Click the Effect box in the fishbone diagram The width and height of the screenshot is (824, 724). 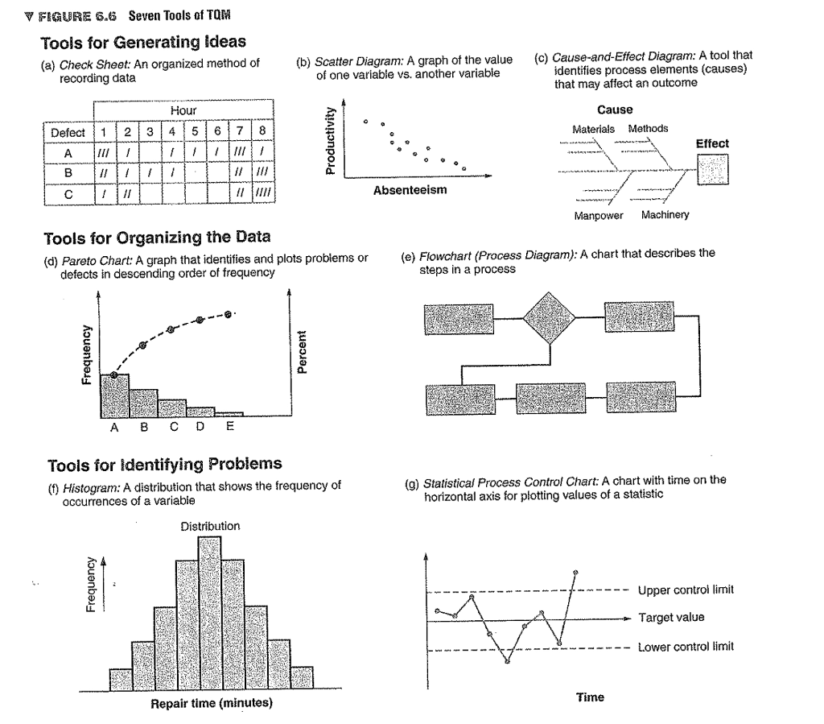click(713, 170)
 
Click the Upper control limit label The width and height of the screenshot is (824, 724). click(686, 590)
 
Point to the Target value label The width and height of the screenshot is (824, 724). click(670, 618)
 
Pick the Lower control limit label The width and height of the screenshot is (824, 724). click(686, 647)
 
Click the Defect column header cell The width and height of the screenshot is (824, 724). click(68, 132)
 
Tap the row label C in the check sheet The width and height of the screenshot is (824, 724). click(68, 193)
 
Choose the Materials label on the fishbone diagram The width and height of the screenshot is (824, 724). click(593, 129)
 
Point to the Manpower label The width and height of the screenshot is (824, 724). click(595, 216)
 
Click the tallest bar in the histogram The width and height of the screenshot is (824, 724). click(209, 613)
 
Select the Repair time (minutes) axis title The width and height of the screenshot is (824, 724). click(212, 703)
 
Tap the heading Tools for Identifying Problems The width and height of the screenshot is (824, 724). click(165, 464)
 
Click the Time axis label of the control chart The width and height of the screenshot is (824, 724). click(590, 697)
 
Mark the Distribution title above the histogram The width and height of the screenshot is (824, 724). click(210, 526)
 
